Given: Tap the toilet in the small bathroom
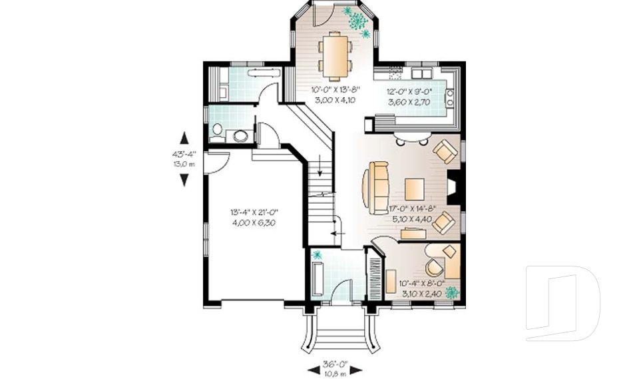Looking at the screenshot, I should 217,131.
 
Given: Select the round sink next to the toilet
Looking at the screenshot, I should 240,136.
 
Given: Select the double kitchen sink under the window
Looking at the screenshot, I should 422,72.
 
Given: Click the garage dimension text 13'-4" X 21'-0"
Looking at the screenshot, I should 254,212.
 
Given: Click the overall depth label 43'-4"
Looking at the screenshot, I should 184,154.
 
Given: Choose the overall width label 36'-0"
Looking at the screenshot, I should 334,364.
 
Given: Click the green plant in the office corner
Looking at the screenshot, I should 453,292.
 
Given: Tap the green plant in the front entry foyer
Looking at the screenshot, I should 318,255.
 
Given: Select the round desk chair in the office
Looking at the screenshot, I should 433,267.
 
